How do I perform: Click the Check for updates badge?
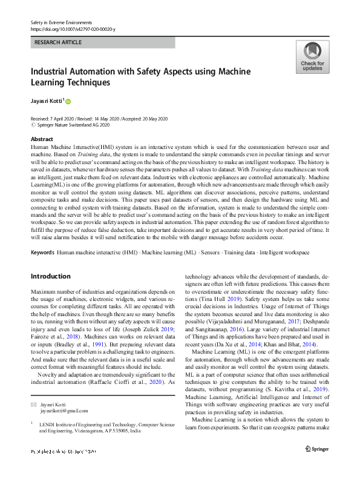pos(312,58)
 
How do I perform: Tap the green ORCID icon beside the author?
pos(68,101)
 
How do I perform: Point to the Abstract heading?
pos(42,139)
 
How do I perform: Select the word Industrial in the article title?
pos(53,71)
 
